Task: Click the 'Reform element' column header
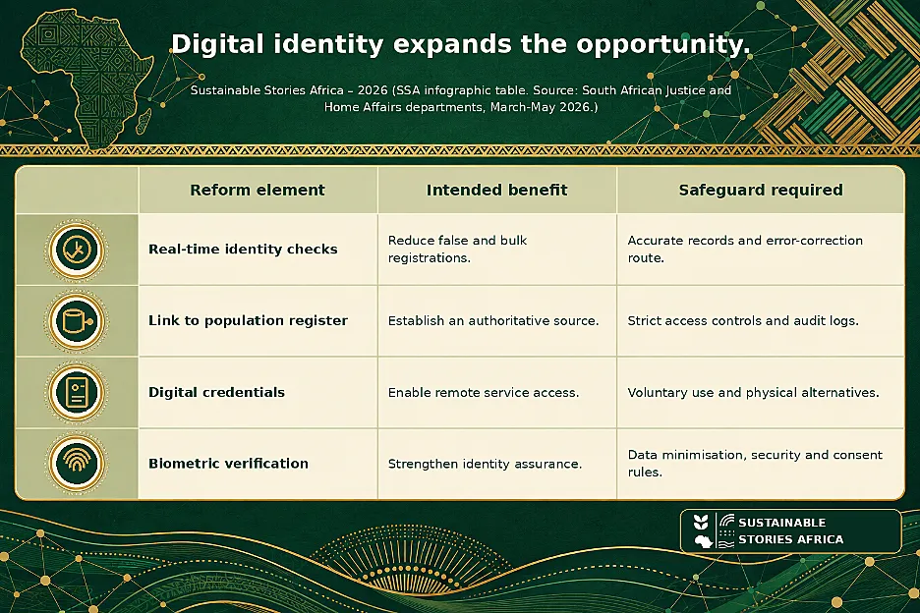[257, 190]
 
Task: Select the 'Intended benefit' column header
[496, 190]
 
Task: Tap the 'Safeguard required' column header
[761, 190]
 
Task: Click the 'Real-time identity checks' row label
[243, 250]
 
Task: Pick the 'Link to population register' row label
[248, 321]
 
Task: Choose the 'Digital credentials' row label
[216, 392]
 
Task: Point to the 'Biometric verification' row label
[228, 464]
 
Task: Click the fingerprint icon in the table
[77, 464]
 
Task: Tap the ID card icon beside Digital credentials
[77, 392]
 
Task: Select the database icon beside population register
[77, 321]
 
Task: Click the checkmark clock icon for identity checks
[77, 250]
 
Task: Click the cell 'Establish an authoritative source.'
[493, 321]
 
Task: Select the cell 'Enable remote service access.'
[484, 392]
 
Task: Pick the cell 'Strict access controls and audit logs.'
[743, 321]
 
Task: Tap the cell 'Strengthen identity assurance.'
[485, 464]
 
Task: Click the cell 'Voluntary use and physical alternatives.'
[753, 392]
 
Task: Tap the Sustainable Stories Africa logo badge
[790, 530]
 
